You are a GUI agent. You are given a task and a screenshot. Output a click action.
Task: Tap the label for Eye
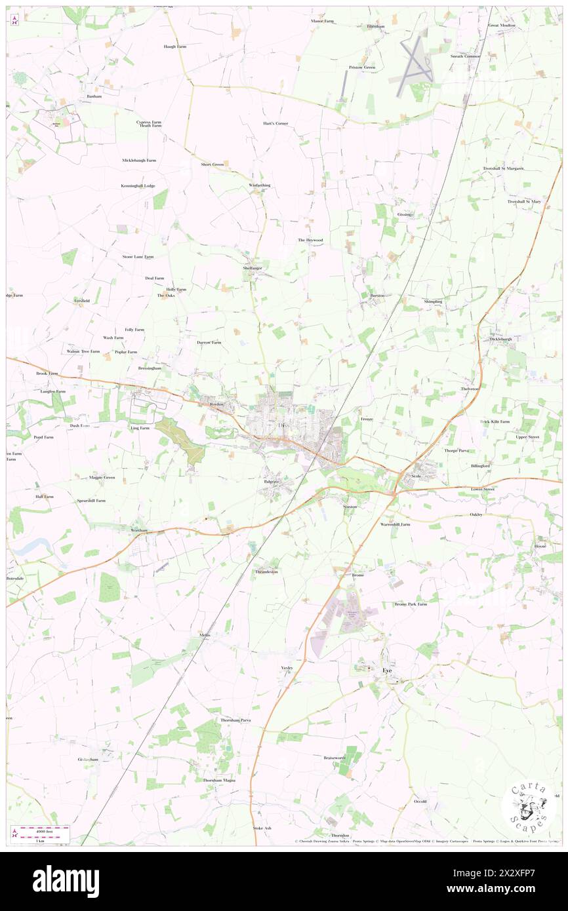388,670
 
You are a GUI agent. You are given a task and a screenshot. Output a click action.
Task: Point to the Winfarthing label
259,185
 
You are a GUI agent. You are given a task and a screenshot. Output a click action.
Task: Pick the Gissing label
403,214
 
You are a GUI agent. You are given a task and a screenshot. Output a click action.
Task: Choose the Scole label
416,476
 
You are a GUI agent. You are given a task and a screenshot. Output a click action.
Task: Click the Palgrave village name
272,482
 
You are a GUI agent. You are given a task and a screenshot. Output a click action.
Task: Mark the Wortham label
139,530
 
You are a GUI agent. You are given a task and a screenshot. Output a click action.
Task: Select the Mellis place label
203,636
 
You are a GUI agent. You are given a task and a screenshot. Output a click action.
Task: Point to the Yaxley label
287,668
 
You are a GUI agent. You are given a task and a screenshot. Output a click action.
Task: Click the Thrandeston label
266,572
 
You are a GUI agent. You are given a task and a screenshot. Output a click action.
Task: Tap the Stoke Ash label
262,828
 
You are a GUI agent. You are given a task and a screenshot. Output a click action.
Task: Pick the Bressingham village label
150,368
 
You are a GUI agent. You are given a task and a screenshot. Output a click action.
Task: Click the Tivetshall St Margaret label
503,168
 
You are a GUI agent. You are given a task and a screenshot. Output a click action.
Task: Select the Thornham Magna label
219,781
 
